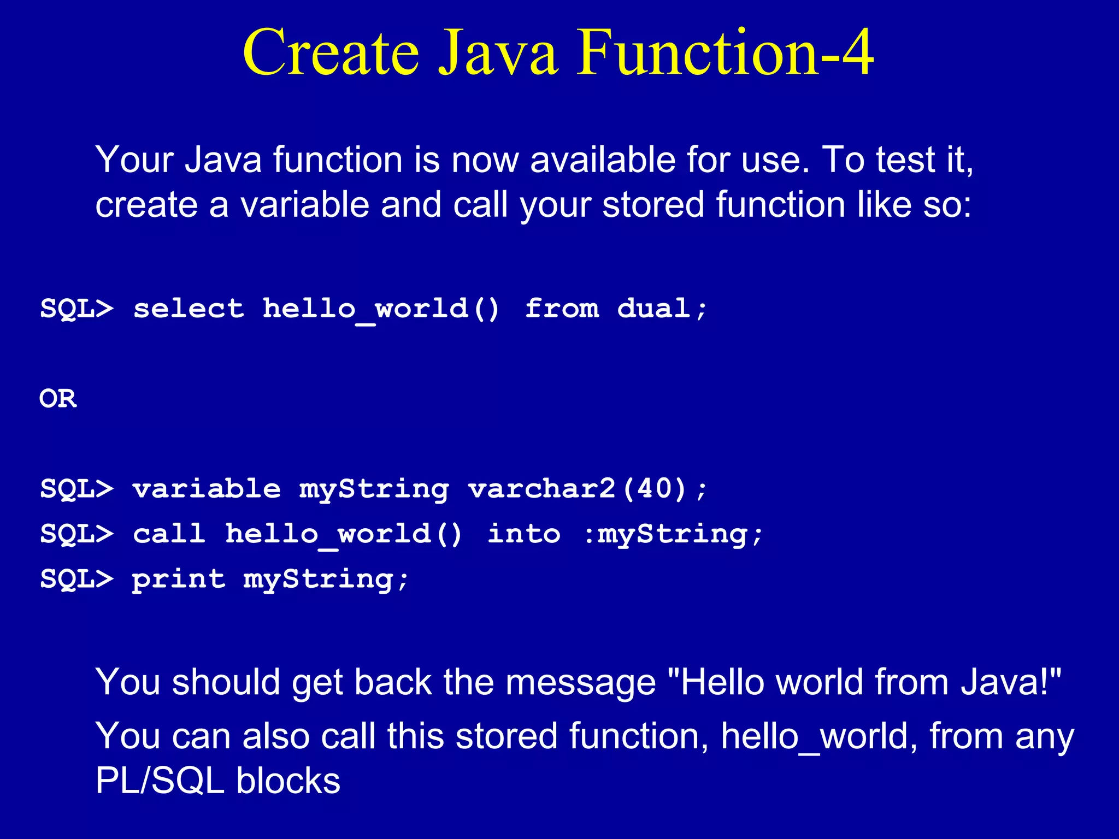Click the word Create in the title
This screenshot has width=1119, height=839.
[x=331, y=52]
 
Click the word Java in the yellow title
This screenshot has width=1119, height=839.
[x=498, y=52]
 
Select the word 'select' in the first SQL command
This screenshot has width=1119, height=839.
[x=189, y=309]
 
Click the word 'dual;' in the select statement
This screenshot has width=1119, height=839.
[x=662, y=309]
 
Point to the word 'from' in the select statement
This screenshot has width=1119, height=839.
[x=562, y=309]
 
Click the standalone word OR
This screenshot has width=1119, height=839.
[x=58, y=399]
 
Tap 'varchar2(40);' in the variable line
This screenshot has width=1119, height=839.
[x=587, y=488]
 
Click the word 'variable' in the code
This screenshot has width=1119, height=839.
[x=207, y=488]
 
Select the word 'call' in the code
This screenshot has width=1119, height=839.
[x=169, y=534]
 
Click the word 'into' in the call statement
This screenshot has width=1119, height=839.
[x=523, y=534]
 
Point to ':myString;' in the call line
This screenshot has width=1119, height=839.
[x=672, y=534]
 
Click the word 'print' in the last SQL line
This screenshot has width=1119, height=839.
[x=179, y=579]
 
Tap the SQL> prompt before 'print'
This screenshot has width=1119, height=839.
[x=76, y=579]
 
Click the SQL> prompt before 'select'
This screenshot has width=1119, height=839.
[x=76, y=309]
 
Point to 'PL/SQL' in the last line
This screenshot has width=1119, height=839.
[x=160, y=781]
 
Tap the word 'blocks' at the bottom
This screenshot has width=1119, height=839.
[x=288, y=781]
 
